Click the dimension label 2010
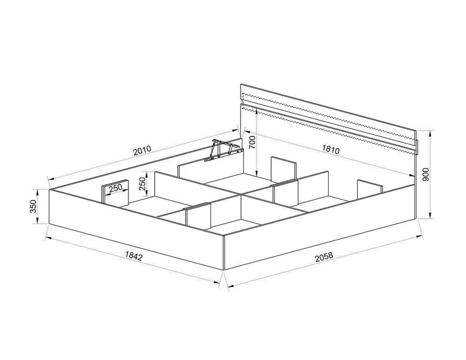tap(142, 151)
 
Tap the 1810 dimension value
tap(331, 149)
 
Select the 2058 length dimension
tap(324, 257)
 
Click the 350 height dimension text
tap(33, 206)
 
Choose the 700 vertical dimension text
tap(251, 142)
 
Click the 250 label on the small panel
tap(115, 189)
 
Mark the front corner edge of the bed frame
tap(223, 253)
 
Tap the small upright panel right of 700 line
tap(284, 170)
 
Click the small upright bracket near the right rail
tap(370, 189)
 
